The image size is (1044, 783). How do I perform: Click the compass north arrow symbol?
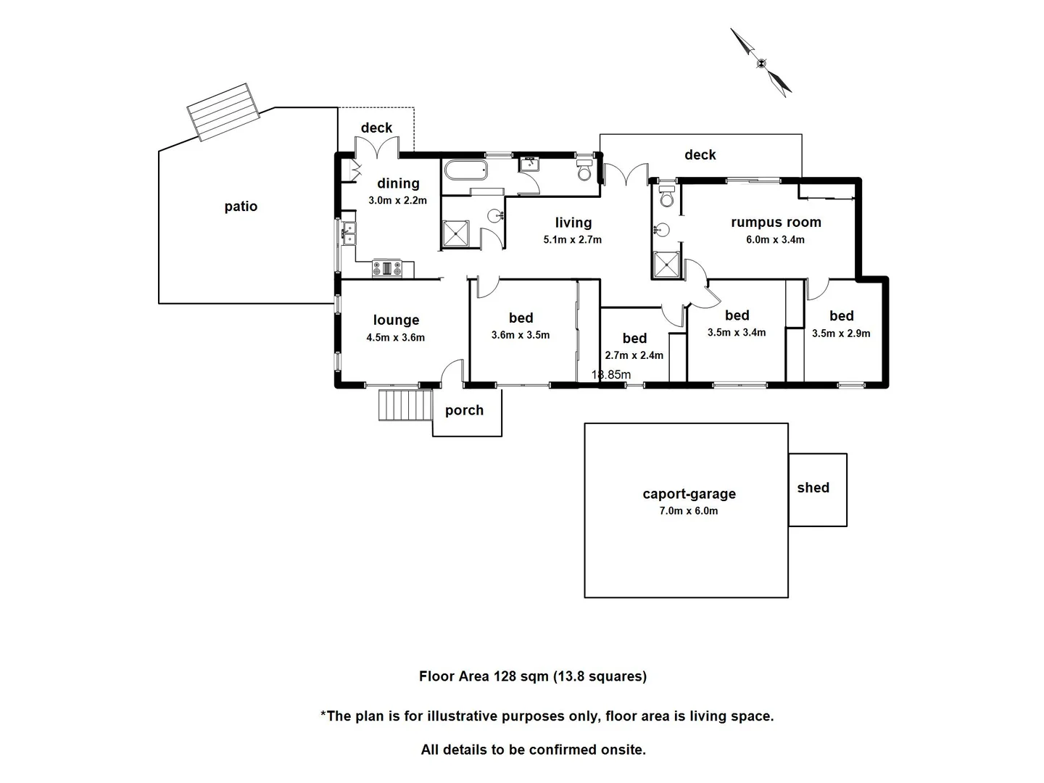(761, 63)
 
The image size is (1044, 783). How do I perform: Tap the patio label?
(241, 207)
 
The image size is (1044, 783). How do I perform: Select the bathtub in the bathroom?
(465, 170)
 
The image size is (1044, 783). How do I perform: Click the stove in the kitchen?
(387, 268)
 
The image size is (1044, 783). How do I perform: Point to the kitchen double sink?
(349, 233)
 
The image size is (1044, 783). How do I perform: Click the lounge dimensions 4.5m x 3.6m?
(395, 338)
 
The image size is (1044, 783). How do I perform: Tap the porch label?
(464, 410)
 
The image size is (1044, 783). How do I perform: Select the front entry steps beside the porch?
(405, 405)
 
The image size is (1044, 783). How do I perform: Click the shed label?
(813, 487)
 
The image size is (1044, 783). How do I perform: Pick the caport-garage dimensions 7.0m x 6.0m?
(688, 510)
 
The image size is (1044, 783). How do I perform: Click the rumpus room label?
(776, 223)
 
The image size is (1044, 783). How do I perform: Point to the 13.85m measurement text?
(611, 375)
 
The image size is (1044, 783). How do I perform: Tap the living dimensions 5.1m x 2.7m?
(572, 239)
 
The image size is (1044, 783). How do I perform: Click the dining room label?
(398, 183)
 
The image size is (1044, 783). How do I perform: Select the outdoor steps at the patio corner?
(223, 112)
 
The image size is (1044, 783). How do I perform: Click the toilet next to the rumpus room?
(667, 196)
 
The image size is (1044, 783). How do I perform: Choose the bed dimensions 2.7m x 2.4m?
(634, 355)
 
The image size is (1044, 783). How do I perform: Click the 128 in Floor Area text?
(504, 676)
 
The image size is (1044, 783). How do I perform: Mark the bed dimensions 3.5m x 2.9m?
(841, 333)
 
